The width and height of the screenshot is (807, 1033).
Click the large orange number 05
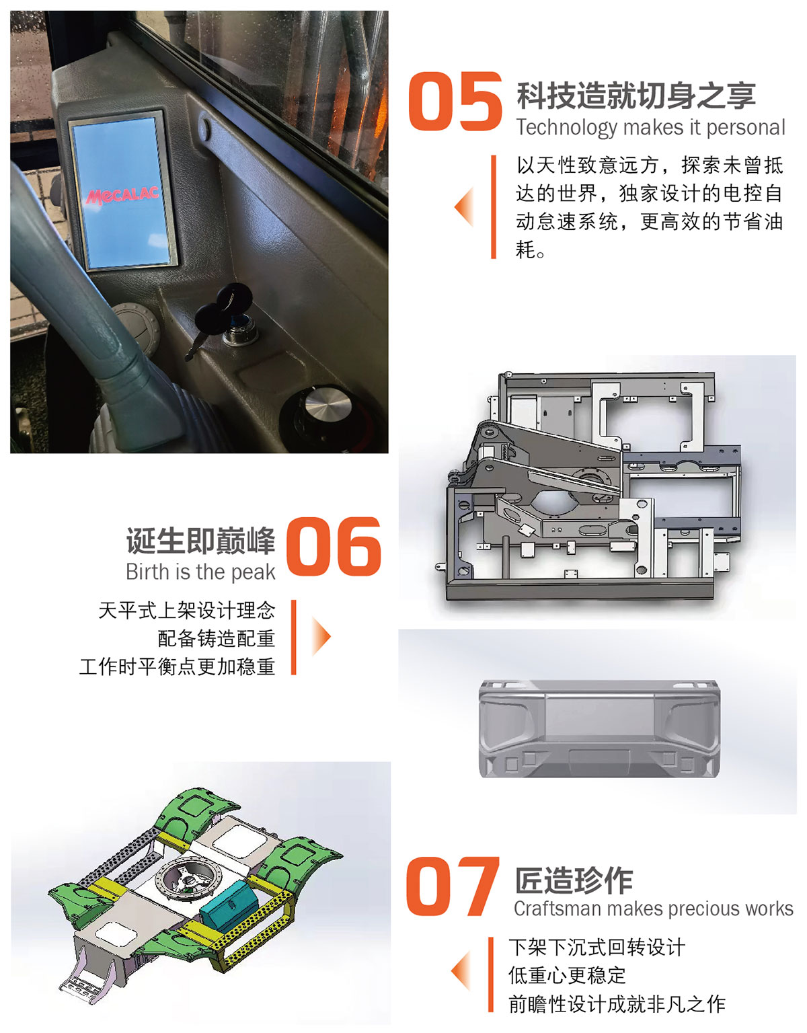[x=455, y=102]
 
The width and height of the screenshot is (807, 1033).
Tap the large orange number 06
[x=334, y=547]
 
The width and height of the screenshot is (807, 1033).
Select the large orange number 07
[x=452, y=886]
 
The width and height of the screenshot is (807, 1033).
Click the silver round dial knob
[x=328, y=403]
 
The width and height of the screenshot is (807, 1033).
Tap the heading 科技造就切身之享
[x=636, y=95]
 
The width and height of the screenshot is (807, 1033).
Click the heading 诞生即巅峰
[x=200, y=541]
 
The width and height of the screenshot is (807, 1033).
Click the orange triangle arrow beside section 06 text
[x=321, y=636]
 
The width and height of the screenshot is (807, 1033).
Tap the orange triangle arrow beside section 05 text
[x=464, y=206]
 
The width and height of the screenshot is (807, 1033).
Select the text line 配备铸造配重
[x=217, y=638]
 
